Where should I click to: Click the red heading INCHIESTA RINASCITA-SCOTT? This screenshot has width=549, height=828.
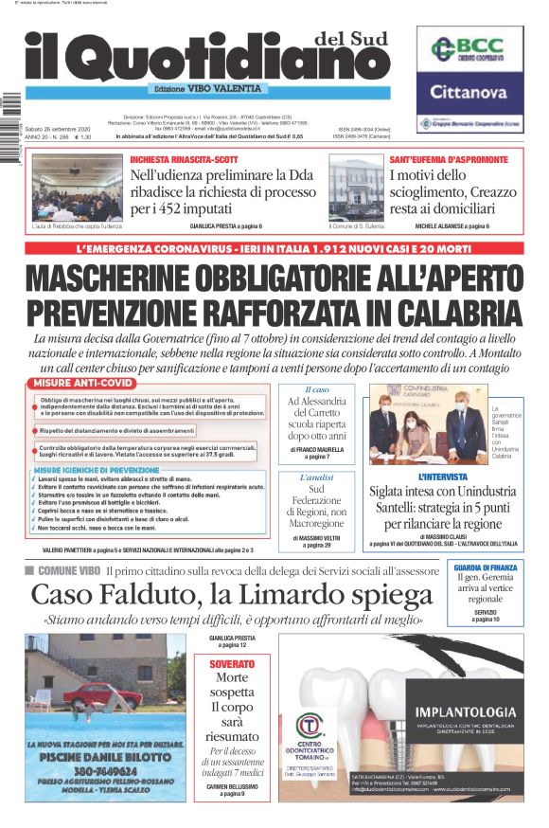pos(185,159)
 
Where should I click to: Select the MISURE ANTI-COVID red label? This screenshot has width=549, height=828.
pos(83,383)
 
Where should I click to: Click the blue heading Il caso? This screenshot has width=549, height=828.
pos(315,389)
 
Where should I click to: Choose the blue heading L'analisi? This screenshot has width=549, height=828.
pos(315,477)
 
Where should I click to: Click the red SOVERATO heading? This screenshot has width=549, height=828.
pos(231,664)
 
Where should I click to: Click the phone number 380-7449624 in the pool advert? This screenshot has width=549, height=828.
pos(106,769)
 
